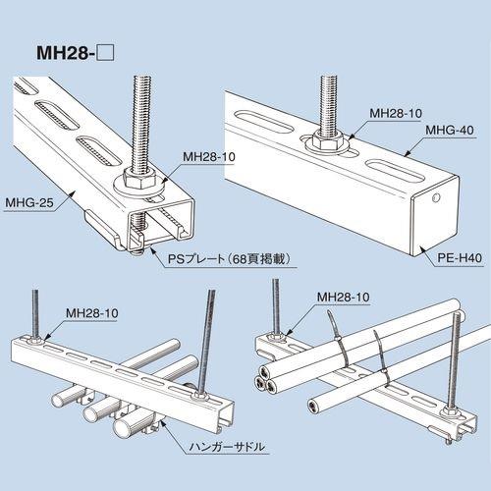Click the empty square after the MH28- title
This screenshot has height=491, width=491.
tap(106, 53)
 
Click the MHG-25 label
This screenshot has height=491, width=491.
tap(29, 203)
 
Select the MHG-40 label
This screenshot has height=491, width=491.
tap(450, 131)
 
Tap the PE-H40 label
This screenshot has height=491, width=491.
tap(460, 258)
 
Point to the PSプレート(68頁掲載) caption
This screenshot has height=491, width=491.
tap(229, 259)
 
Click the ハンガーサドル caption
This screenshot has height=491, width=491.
tap(227, 447)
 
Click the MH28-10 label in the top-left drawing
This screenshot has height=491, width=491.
tap(209, 157)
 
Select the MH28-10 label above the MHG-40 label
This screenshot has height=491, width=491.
tap(396, 113)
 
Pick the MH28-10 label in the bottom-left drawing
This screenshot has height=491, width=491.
tap(92, 313)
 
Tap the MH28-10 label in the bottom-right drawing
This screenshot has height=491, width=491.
tap(344, 298)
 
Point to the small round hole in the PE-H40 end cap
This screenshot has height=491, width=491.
tap(436, 197)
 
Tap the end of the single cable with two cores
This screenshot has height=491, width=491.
tap(314, 407)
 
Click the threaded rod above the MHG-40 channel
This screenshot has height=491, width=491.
tap(328, 102)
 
